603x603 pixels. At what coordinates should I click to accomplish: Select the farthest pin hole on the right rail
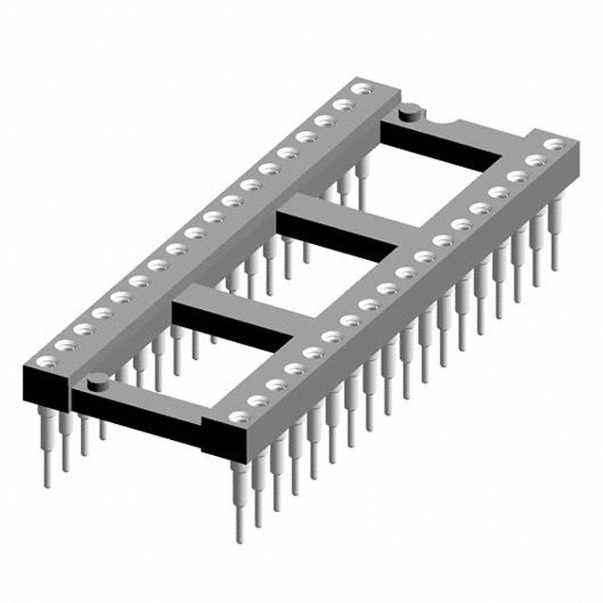click(556, 144)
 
